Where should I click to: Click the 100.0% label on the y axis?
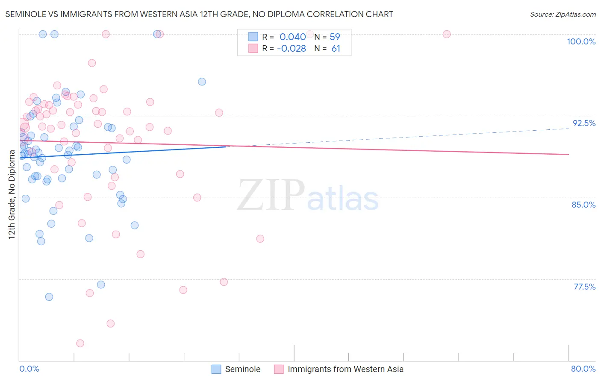coord(581,41)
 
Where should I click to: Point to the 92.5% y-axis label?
coord(584,123)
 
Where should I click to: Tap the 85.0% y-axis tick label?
coord(583,205)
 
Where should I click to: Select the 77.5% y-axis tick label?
coord(584,287)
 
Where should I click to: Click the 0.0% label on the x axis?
coord(29,369)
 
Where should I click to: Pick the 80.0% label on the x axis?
coord(583,369)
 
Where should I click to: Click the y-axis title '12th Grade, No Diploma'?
coord(12,194)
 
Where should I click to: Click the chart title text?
coord(199,14)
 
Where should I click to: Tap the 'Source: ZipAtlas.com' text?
coord(563,14)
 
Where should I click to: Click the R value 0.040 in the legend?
coord(292,37)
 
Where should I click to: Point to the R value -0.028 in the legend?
coord(292,49)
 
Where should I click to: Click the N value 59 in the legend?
coord(335,37)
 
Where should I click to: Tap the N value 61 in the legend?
coord(336,49)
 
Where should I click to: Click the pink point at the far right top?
coord(447,34)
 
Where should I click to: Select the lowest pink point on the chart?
coord(80,343)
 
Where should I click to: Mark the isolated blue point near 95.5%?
coord(202,82)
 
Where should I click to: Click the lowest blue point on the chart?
coord(49,297)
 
